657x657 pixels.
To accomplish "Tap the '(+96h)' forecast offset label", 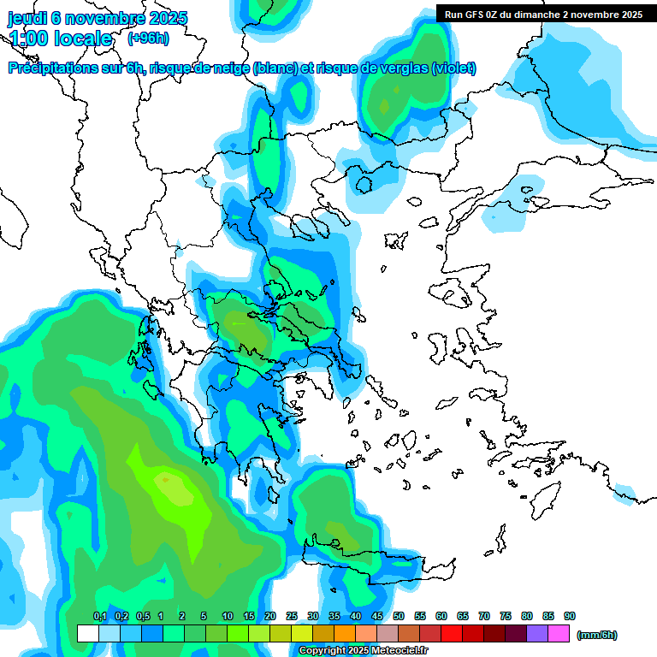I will (148, 38).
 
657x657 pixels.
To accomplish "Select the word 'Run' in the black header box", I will (454, 15).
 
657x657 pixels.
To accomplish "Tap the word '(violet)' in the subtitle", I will (454, 68).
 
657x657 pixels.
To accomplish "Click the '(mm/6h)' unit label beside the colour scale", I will (596, 635).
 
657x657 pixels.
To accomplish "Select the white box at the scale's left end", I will (87, 633).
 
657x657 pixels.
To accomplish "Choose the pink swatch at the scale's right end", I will (559, 633).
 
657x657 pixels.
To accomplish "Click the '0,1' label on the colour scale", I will (99, 616).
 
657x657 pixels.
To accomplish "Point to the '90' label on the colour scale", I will (570, 616).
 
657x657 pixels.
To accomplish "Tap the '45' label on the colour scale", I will (377, 616).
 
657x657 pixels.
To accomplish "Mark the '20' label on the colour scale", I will (270, 616).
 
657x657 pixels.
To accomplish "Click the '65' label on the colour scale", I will (463, 616).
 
